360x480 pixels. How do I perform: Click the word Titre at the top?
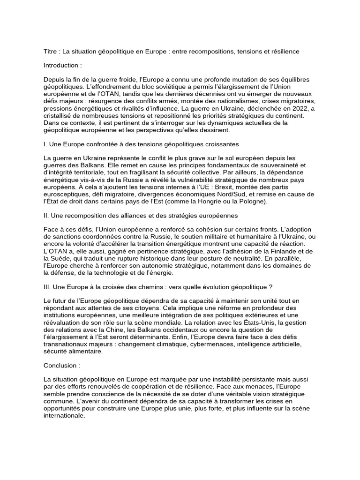pos(50,51)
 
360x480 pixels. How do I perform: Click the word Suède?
pos(63,258)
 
